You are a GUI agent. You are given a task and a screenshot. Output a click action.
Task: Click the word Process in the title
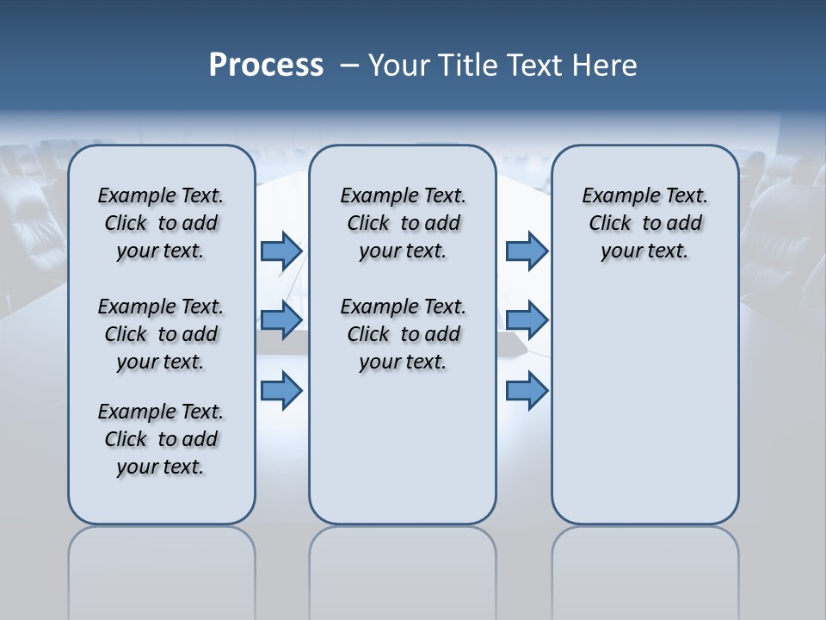(266, 65)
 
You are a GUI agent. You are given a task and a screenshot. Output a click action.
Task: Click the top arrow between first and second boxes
(281, 251)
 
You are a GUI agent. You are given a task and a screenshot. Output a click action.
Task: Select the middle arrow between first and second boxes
(281, 320)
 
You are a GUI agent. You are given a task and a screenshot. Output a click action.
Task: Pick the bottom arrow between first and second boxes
(281, 391)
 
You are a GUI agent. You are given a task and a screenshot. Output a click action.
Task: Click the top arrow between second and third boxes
(527, 251)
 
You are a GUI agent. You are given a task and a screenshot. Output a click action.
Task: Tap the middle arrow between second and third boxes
(527, 320)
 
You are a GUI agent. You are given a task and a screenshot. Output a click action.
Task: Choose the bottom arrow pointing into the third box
(527, 391)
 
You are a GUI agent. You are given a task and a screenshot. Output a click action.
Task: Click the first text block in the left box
(161, 223)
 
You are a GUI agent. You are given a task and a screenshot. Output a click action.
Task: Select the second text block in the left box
(161, 334)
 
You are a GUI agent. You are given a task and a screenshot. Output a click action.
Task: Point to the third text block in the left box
(161, 439)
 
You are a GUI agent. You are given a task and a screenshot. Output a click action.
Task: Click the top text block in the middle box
(404, 223)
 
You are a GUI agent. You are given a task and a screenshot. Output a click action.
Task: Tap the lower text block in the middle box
(404, 334)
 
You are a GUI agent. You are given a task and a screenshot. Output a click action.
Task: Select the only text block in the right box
(645, 223)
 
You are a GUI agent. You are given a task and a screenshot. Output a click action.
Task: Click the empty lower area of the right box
(645, 405)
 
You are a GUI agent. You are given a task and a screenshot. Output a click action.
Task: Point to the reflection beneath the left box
(162, 568)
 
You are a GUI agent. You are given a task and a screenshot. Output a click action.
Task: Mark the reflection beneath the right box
(645, 568)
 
